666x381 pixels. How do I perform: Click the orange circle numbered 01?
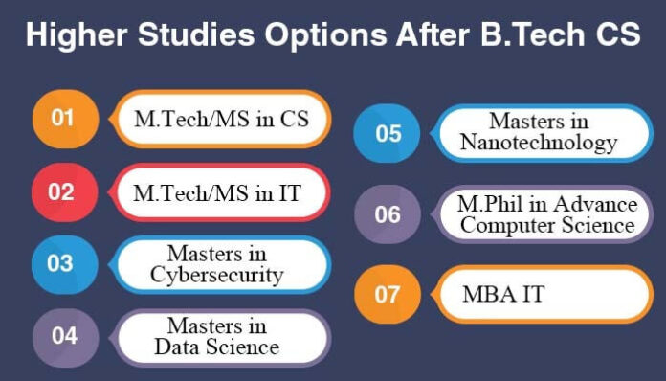point(62,119)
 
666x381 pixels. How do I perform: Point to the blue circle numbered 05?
point(388,132)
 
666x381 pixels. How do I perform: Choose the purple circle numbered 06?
point(388,213)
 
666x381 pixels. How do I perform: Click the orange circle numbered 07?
point(387,293)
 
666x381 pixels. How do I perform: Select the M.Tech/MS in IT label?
point(217,192)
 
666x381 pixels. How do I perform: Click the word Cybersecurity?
point(217,275)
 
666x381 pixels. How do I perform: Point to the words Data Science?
point(217,347)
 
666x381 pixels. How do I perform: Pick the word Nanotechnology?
point(538,143)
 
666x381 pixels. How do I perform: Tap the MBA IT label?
point(503,293)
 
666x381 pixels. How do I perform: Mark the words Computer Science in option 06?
point(545,225)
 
